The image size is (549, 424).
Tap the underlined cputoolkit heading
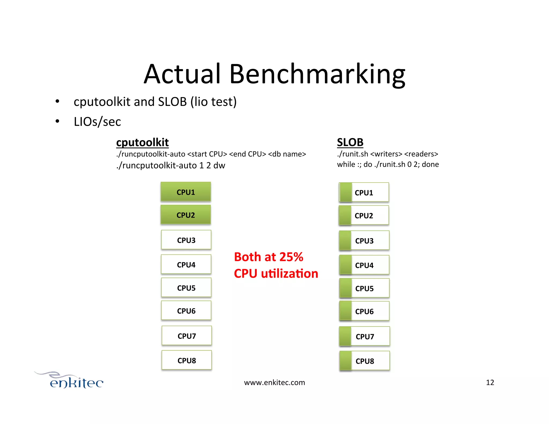coord(142,143)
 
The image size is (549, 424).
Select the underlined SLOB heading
coord(350,142)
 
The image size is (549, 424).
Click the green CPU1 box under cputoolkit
coord(186,192)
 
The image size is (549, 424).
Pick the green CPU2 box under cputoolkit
coord(186,215)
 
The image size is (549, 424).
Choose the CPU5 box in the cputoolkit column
coord(186,288)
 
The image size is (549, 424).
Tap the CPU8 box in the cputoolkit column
coord(187,360)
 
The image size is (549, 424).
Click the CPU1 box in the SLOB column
coord(364,192)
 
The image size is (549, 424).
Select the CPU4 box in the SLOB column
coord(364,265)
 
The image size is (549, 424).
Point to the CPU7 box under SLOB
coord(365,336)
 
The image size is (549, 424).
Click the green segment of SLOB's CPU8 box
coord(346,361)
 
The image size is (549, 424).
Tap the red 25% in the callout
coord(291,257)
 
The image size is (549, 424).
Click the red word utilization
coord(290,274)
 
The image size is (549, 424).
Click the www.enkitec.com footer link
coord(274,382)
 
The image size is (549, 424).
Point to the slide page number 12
coord(490,382)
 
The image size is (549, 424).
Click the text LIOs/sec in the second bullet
coord(97,122)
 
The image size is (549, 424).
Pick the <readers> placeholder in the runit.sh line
coord(421,154)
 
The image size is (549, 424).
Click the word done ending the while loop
coord(430,164)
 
